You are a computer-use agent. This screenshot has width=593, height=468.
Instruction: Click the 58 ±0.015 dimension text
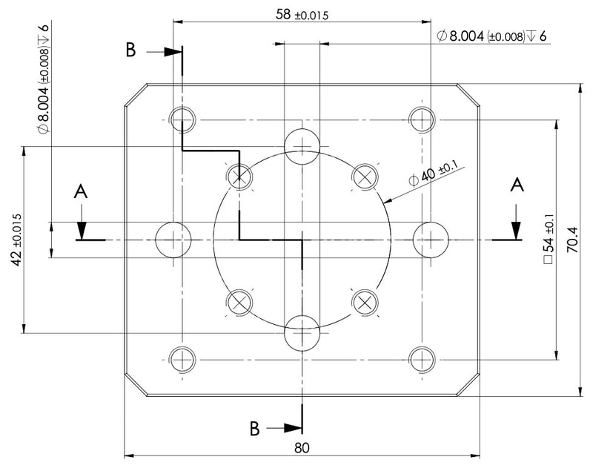(x=302, y=15)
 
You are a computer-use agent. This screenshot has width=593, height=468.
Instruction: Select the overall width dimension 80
(x=302, y=448)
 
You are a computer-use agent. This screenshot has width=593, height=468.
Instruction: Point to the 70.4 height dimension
(x=572, y=240)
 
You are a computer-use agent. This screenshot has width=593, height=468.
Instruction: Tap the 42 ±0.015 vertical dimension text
(x=17, y=240)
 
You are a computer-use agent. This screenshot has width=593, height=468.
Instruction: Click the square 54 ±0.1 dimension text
(x=549, y=238)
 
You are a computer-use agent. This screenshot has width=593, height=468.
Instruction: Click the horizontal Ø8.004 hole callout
(x=491, y=36)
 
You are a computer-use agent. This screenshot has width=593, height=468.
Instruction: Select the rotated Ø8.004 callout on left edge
(x=44, y=79)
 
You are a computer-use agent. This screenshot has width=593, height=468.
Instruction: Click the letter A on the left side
(x=81, y=191)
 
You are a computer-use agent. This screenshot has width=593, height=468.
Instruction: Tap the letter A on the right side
(x=517, y=185)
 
